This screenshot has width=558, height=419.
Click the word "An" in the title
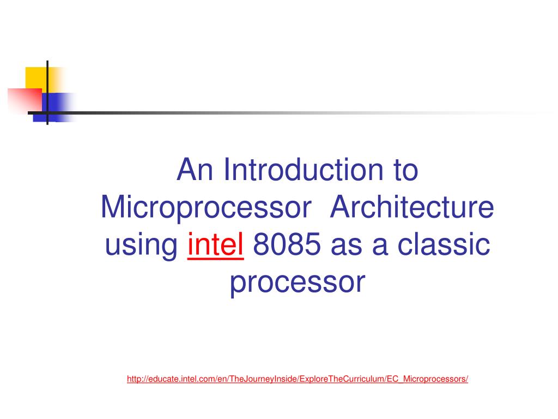[x=195, y=170]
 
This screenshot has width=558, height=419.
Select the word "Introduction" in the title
[x=304, y=170]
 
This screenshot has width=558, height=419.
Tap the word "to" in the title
[x=405, y=171]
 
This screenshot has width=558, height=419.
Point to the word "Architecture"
[x=412, y=207]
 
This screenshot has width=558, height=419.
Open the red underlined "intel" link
[x=216, y=244]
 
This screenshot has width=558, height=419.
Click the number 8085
[x=287, y=245]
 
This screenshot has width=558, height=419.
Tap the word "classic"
[x=444, y=244]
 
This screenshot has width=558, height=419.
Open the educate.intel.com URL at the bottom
[x=298, y=379]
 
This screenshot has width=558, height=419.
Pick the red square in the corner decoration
[x=25, y=100]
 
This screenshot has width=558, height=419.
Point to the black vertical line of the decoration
[x=47, y=93]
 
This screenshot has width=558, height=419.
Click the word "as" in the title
[x=346, y=246]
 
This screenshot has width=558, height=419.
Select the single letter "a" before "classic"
[x=380, y=246]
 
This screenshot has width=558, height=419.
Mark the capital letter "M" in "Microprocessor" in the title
[x=114, y=207]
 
